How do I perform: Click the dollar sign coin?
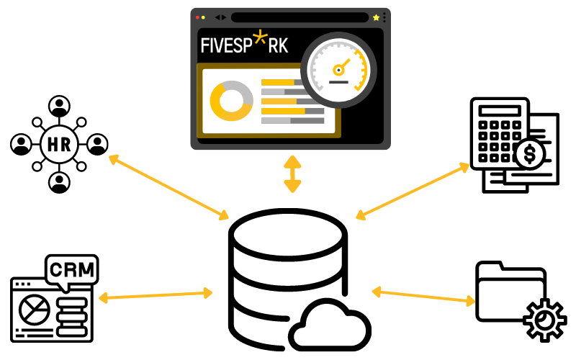point(531,153)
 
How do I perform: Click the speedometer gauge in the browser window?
point(338,70)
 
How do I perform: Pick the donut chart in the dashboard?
point(231,100)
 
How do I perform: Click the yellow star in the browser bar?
point(376,17)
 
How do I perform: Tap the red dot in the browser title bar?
point(197,17)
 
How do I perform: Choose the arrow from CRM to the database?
point(156,295)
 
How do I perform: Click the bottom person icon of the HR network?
point(59,182)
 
